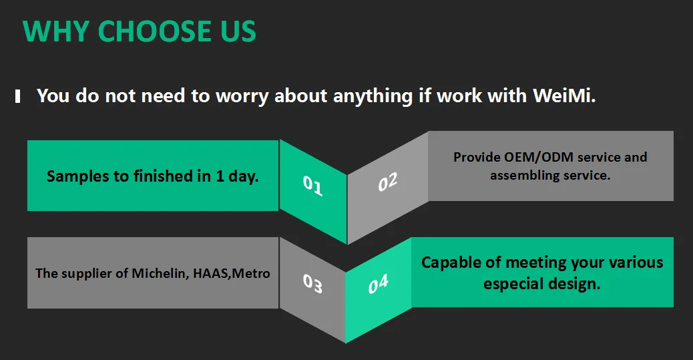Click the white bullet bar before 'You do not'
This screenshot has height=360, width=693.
18,96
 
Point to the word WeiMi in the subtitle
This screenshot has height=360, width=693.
563,96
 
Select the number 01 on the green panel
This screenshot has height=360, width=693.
312,185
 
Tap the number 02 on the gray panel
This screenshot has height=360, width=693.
387,182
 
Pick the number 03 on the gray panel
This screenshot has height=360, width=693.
312,284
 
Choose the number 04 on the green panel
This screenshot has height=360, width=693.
378,285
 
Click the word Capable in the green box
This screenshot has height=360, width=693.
452,262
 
